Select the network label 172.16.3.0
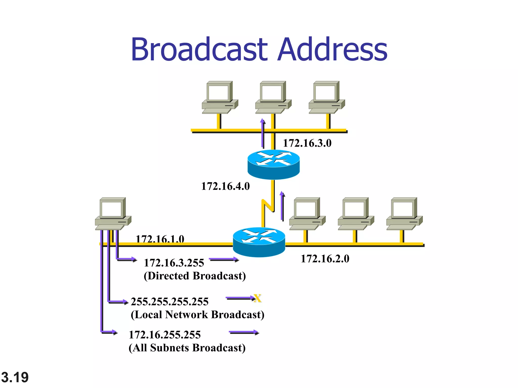[x=307, y=143]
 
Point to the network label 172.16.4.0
[x=225, y=186]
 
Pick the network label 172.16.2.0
[x=325, y=259]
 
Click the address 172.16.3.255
[x=174, y=263]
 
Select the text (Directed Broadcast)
[x=195, y=276]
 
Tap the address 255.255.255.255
[x=169, y=302]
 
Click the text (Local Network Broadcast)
[x=197, y=314]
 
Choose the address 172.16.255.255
[x=165, y=335]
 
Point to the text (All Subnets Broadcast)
[x=187, y=348]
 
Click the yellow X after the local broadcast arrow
[x=257, y=298]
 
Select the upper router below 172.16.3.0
[x=273, y=164]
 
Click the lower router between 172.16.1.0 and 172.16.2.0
[x=259, y=242]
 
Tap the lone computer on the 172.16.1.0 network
[x=113, y=213]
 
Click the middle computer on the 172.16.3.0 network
[x=273, y=97]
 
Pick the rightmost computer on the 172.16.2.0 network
[x=404, y=213]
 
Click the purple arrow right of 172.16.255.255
[x=244, y=332]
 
